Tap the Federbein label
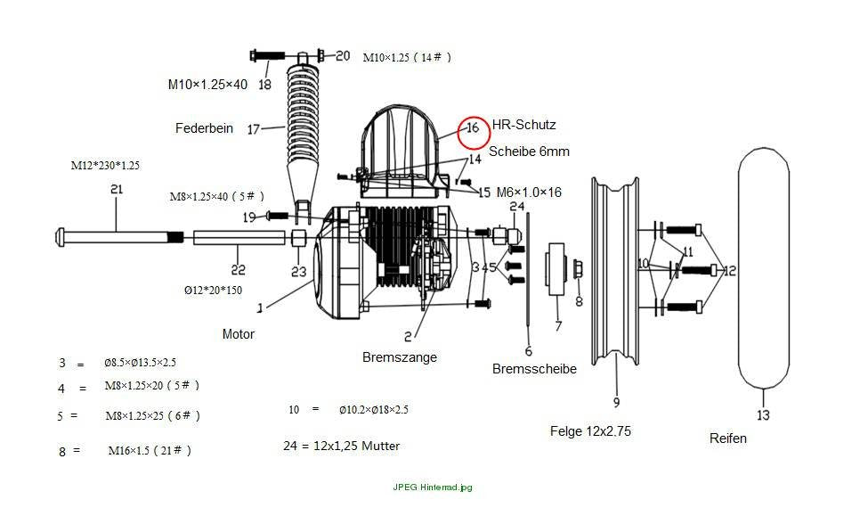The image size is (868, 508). tap(204, 128)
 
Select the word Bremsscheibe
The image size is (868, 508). tap(534, 369)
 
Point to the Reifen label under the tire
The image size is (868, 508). tap(728, 438)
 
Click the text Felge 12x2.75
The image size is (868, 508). tap(590, 431)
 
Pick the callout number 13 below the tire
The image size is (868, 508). tap(763, 415)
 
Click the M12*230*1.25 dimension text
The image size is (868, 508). tap(105, 165)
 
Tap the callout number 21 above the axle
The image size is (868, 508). tap(117, 189)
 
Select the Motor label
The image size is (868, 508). tap(238, 334)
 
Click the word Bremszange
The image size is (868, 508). tap(400, 357)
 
